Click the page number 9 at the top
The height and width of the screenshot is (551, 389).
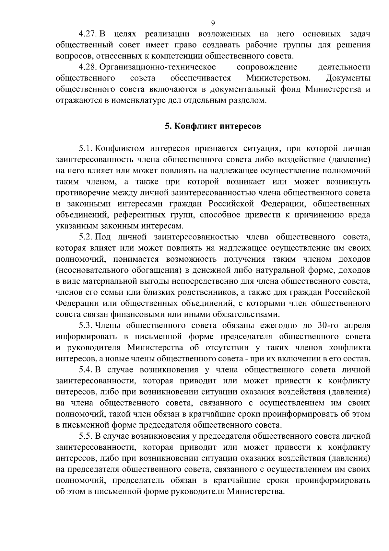tap(213, 23)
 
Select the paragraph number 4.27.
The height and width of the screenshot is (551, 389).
tap(88, 34)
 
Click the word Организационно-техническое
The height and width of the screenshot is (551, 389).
tap(158, 67)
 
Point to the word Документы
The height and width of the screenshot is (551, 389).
tap(348, 78)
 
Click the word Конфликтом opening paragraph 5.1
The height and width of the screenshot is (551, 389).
tap(120, 149)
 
